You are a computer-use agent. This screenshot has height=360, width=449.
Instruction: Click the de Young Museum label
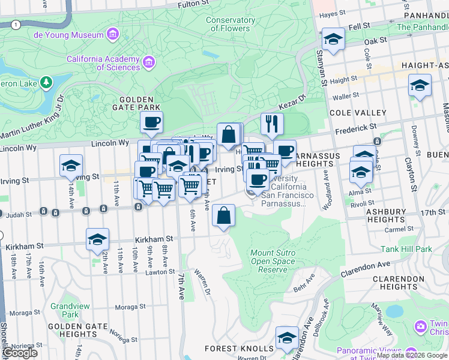(68, 35)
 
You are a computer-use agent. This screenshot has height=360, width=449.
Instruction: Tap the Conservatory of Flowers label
(230, 24)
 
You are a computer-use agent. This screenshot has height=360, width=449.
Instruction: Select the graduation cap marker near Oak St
(333, 40)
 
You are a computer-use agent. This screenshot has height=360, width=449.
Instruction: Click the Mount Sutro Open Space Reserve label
(273, 261)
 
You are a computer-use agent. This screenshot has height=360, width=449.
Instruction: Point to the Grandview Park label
(65, 310)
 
